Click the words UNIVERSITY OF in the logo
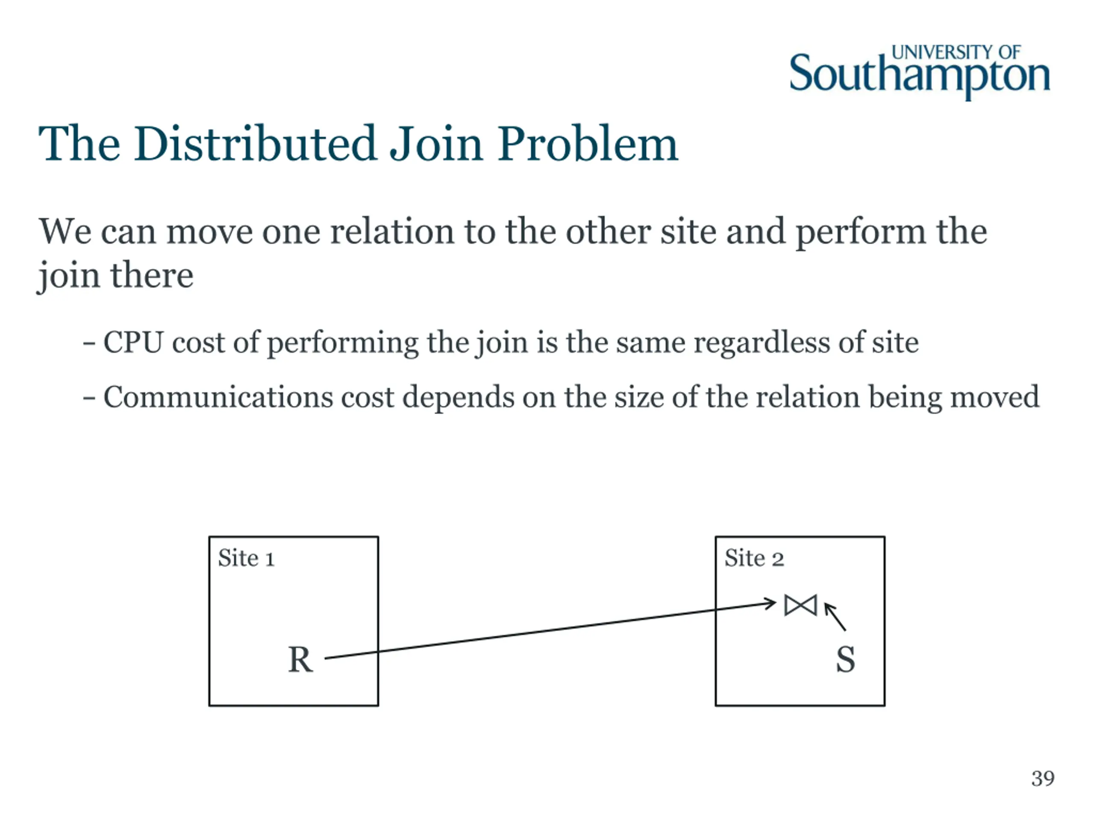click(956, 53)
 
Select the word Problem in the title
click(588, 144)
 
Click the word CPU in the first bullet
click(133, 343)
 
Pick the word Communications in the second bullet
click(218, 397)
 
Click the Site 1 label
click(246, 558)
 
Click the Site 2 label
click(754, 558)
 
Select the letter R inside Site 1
click(300, 660)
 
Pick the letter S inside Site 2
click(845, 660)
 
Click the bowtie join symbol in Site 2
click(800, 605)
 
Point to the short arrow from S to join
click(835, 617)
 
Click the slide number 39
click(1043, 778)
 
